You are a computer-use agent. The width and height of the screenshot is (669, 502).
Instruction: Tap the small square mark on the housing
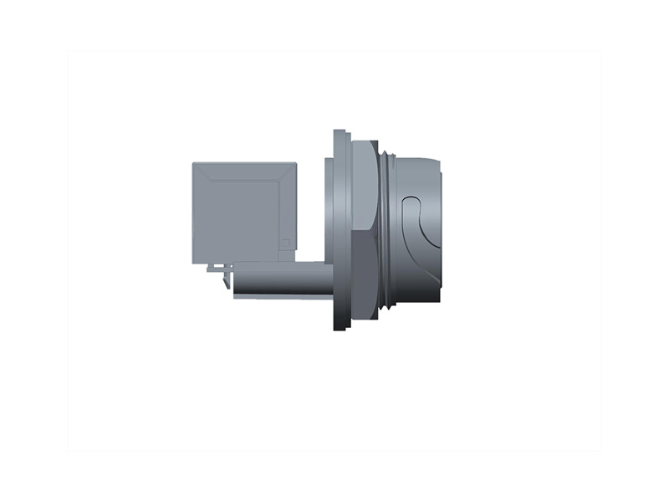click(285, 243)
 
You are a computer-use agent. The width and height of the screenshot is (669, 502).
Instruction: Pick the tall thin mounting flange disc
click(339, 230)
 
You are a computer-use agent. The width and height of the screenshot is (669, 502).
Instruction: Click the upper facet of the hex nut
click(363, 184)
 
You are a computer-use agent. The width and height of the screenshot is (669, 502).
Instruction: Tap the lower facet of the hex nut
click(363, 276)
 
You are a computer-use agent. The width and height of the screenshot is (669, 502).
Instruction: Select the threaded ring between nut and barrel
click(384, 230)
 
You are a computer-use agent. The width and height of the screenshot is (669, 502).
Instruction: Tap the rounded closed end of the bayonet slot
click(407, 204)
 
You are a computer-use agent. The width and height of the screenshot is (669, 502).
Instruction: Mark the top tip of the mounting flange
click(339, 131)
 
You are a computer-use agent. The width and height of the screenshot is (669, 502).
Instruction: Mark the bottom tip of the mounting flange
click(339, 329)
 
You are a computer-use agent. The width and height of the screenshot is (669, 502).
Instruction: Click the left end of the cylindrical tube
click(236, 280)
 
